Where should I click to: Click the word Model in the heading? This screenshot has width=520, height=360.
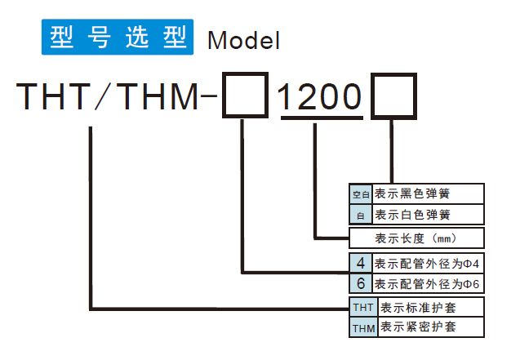pyautogui.click(x=244, y=39)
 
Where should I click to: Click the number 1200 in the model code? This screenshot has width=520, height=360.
pyautogui.click(x=321, y=97)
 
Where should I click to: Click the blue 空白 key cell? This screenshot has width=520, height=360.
pyautogui.click(x=361, y=194)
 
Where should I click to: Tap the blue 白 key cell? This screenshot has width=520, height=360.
pyautogui.click(x=361, y=215)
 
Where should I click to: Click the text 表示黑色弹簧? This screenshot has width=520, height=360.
pyautogui.click(x=412, y=194)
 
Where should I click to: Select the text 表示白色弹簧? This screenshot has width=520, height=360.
pyautogui.click(x=412, y=215)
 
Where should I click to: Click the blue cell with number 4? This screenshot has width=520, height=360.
pyautogui.click(x=361, y=264)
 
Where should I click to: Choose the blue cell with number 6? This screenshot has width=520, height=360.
pyautogui.click(x=361, y=284)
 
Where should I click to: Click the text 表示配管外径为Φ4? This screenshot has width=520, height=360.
pyautogui.click(x=424, y=264)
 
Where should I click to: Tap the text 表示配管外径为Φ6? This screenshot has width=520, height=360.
pyautogui.click(x=424, y=284)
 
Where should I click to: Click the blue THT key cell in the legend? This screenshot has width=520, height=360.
pyautogui.click(x=362, y=308)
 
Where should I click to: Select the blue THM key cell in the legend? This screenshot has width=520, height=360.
pyautogui.click(x=362, y=327)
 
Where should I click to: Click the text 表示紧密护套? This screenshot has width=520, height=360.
pyautogui.click(x=419, y=327)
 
